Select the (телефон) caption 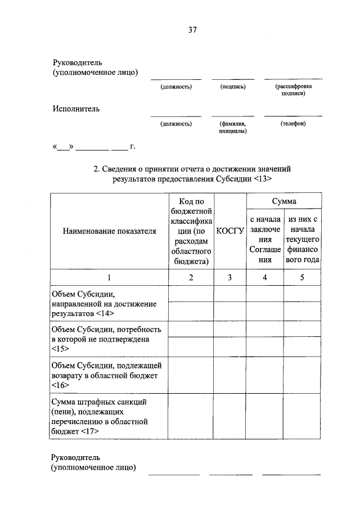292,123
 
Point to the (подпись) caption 233,87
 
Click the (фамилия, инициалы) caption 233,127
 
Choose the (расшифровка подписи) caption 293,91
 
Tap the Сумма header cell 285,201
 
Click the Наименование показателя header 109,231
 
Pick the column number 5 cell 303,277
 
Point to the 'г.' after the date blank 133,147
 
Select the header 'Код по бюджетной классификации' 191,231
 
